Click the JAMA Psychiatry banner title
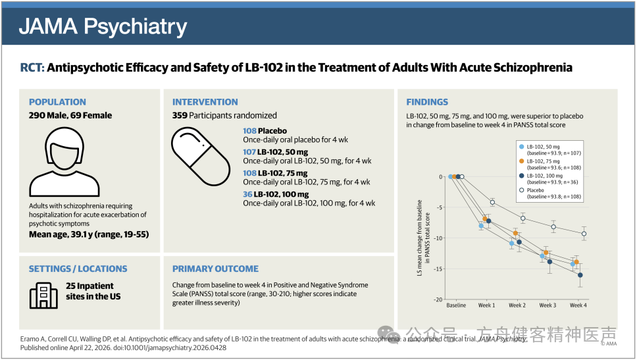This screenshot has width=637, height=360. point(103,26)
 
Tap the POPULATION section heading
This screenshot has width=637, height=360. point(57,102)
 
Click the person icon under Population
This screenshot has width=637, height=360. point(64,162)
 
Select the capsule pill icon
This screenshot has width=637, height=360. point(200,157)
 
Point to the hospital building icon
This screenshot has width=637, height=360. point(43,296)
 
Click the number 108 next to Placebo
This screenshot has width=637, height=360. point(249,131)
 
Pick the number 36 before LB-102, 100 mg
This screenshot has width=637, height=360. point(247,194)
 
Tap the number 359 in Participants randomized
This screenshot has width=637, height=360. point(180,115)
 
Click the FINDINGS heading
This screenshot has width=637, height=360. point(427,102)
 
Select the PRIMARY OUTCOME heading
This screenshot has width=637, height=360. point(215,269)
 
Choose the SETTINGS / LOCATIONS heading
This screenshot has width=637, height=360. point(78,269)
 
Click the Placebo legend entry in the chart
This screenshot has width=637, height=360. point(550,193)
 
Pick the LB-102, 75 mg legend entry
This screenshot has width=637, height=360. point(550,164)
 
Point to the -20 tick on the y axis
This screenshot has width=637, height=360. point(438,299)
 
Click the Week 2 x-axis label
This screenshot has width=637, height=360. point(517,305)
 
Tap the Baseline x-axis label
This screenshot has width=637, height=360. point(456,305)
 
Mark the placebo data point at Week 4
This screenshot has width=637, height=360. point(584,234)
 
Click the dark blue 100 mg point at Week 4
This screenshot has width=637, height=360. point(580,275)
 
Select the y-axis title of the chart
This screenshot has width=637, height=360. point(423,238)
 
